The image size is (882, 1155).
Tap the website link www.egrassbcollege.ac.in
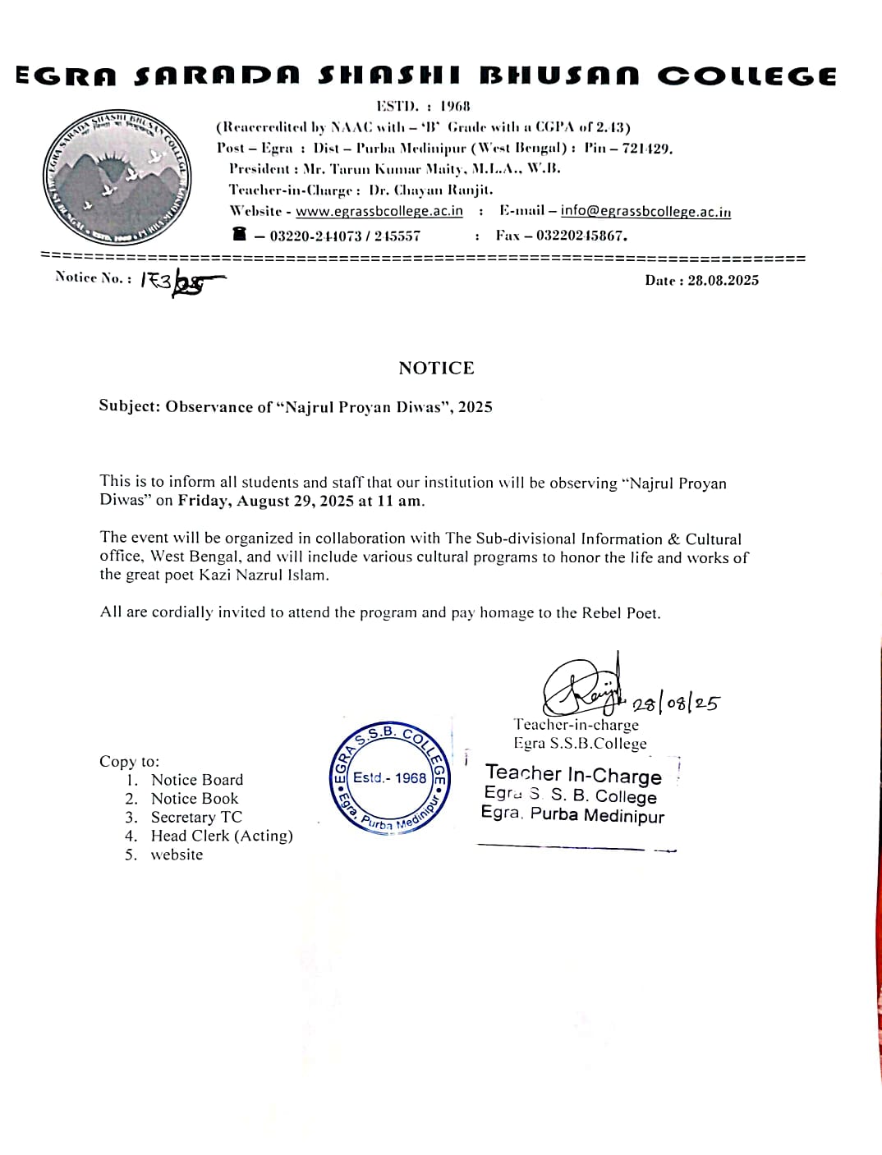click(x=379, y=211)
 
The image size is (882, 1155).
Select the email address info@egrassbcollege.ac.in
click(x=645, y=211)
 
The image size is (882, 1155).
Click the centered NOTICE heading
click(x=436, y=368)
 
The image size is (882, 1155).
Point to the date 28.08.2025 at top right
click(x=723, y=280)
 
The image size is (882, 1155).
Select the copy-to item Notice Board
click(x=197, y=780)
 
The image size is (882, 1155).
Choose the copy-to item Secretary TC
click(x=196, y=817)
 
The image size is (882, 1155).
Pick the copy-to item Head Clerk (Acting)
click(x=222, y=836)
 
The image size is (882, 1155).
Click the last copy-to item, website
click(x=177, y=855)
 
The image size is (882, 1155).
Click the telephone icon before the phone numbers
click(x=239, y=235)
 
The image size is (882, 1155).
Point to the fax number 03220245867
click(x=581, y=236)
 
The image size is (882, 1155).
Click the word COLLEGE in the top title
click(x=746, y=76)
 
